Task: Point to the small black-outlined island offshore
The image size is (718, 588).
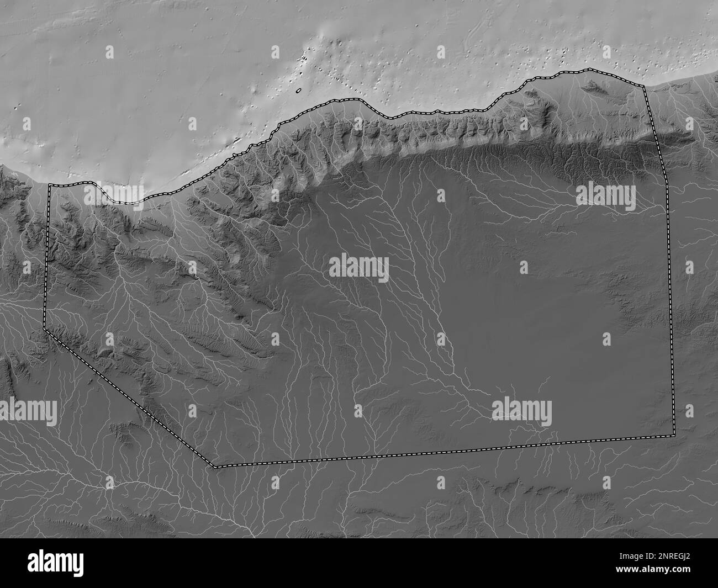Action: (x=299, y=91)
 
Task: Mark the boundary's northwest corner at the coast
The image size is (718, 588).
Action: (x=50, y=186)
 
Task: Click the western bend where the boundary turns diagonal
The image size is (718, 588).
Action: (x=44, y=329)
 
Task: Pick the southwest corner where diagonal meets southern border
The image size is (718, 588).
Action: (x=215, y=467)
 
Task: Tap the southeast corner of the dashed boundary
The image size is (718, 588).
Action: (x=674, y=435)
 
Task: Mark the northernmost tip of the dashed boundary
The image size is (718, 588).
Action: (x=588, y=69)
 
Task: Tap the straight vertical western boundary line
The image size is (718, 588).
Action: (x=48, y=254)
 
